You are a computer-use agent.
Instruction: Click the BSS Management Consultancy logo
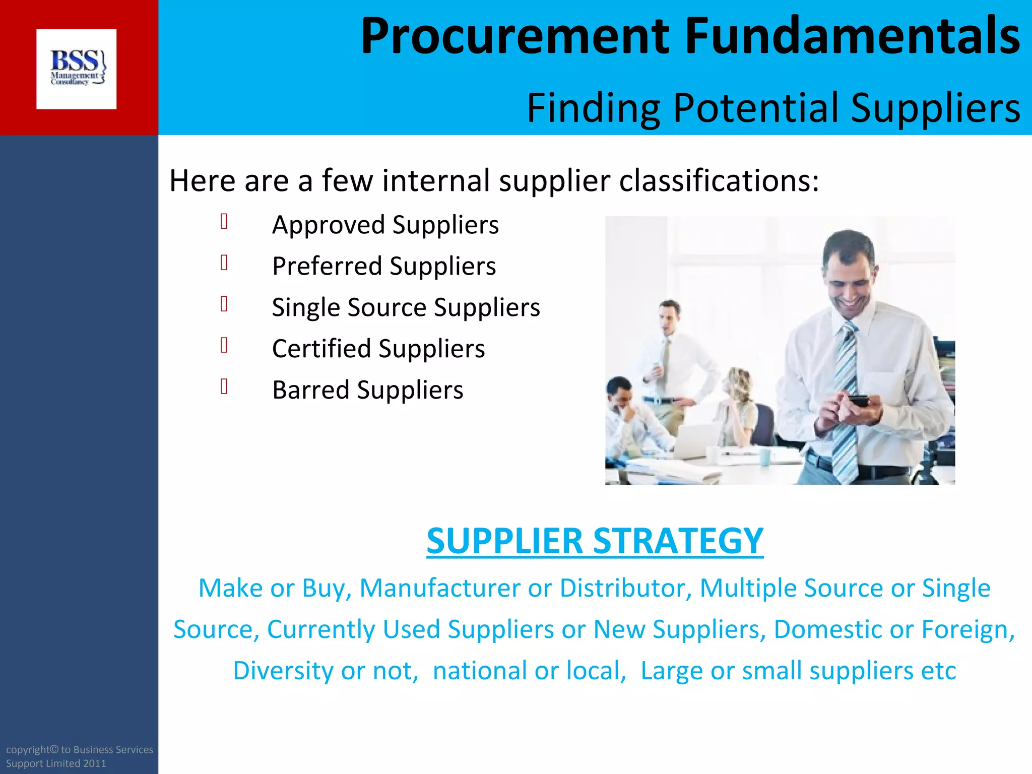pyautogui.click(x=77, y=69)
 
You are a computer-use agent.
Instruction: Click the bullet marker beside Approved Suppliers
pyautogui.click(x=224, y=222)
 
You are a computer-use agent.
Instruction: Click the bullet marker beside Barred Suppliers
pyautogui.click(x=224, y=386)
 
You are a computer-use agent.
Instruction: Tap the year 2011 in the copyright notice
pyautogui.click(x=95, y=763)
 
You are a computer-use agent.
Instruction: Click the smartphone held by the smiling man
pyautogui.click(x=858, y=401)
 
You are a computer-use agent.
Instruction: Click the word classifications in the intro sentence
pyautogui.click(x=719, y=180)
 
